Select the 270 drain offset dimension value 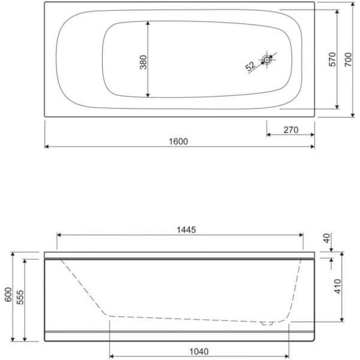point(290,129)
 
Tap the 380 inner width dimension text point(143,62)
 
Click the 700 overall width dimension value point(349,59)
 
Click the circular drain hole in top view point(268,59)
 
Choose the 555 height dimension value point(20,298)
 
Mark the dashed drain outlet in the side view point(268,322)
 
